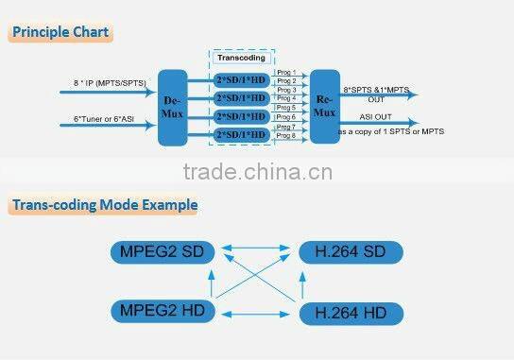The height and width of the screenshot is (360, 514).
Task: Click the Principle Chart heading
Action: point(60,32)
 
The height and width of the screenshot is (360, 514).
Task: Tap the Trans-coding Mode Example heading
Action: point(103,204)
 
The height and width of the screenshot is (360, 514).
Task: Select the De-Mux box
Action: point(173,107)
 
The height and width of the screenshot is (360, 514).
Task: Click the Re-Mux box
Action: point(324,106)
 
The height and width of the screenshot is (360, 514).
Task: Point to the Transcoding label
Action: point(241,58)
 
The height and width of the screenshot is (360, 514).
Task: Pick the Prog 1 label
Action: point(285,73)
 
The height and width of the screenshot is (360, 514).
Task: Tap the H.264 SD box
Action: point(351,252)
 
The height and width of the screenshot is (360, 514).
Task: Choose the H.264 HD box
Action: point(351,311)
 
